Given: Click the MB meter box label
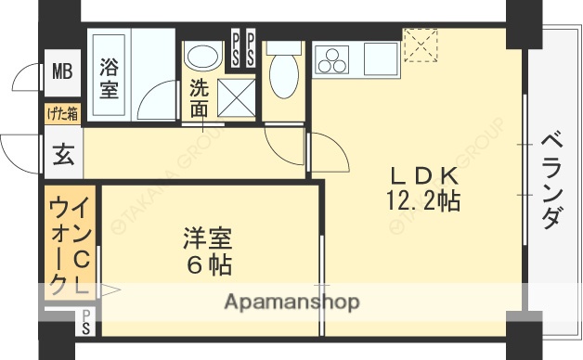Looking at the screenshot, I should pos(61,70).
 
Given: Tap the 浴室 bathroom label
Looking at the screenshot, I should pos(109,79).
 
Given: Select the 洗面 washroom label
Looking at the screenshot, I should pos(200,97).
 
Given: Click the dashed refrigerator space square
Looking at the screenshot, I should pos(420,42).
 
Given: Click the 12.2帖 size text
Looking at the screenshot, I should pos(423,199).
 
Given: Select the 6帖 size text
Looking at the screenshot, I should pos(206,266).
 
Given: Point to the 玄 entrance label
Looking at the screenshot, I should pos(62,156).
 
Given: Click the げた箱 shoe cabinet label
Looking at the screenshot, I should pos(63,114).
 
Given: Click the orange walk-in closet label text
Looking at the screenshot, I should pos(71,246).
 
